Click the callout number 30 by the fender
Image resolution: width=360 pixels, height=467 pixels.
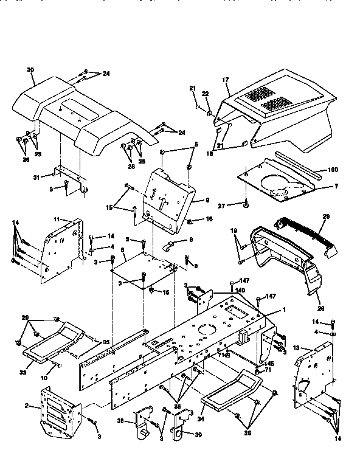pyautogui.click(x=30, y=70)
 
